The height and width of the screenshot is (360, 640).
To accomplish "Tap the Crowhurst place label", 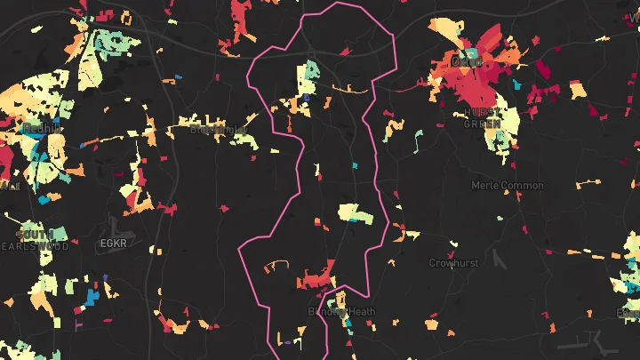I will click(453, 263).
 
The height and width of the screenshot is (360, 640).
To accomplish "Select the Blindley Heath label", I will click(342, 312).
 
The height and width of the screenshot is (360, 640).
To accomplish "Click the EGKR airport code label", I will click(115, 243).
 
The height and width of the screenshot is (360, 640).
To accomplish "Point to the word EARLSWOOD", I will click(36, 246).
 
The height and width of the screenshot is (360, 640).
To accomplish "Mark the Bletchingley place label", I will click(218, 130).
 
